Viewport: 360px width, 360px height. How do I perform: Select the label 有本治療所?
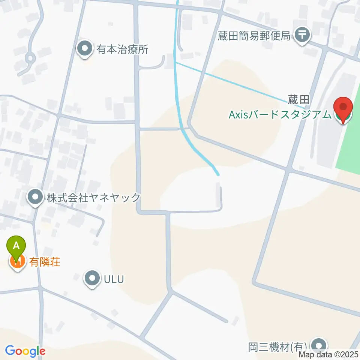pyautogui.click(x=123, y=49)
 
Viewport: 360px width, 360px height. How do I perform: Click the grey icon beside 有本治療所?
pyautogui.click(x=85, y=49)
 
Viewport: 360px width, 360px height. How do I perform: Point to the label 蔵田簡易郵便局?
pyautogui.click(x=254, y=36)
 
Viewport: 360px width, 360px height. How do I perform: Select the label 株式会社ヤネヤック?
pyautogui.click(x=93, y=197)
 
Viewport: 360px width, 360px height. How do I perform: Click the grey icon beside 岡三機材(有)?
pyautogui.click(x=319, y=345)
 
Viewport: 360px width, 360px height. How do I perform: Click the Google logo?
pyautogui.click(x=25, y=351)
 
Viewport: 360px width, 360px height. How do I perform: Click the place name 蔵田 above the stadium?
pyautogui.click(x=298, y=100)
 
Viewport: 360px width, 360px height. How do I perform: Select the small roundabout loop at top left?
pyautogui.click(x=30, y=58)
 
